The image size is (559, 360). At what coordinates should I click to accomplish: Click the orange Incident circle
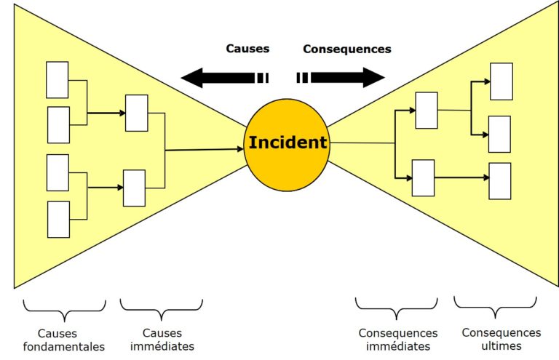(287, 143)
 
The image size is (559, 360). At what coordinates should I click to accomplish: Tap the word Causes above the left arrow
(247, 49)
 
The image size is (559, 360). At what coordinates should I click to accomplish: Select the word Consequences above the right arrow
(346, 49)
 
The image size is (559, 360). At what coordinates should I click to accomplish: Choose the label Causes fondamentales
(64, 340)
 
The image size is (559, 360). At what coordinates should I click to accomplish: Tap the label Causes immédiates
(161, 340)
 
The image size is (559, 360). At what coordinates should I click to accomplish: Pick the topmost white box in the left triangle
(57, 80)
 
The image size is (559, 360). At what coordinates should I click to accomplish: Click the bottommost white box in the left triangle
(58, 219)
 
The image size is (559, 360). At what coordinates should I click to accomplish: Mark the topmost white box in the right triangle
(501, 81)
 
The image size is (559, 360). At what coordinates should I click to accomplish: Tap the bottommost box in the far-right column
(499, 181)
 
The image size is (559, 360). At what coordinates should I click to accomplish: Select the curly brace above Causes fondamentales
(64, 309)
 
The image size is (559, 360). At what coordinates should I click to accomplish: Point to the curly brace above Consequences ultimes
(495, 308)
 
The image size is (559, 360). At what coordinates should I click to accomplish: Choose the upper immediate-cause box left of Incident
(136, 113)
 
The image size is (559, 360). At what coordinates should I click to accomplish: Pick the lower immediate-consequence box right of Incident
(423, 177)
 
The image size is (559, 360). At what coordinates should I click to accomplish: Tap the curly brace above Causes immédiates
(161, 309)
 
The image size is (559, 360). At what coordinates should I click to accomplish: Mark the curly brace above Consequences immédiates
(396, 309)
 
